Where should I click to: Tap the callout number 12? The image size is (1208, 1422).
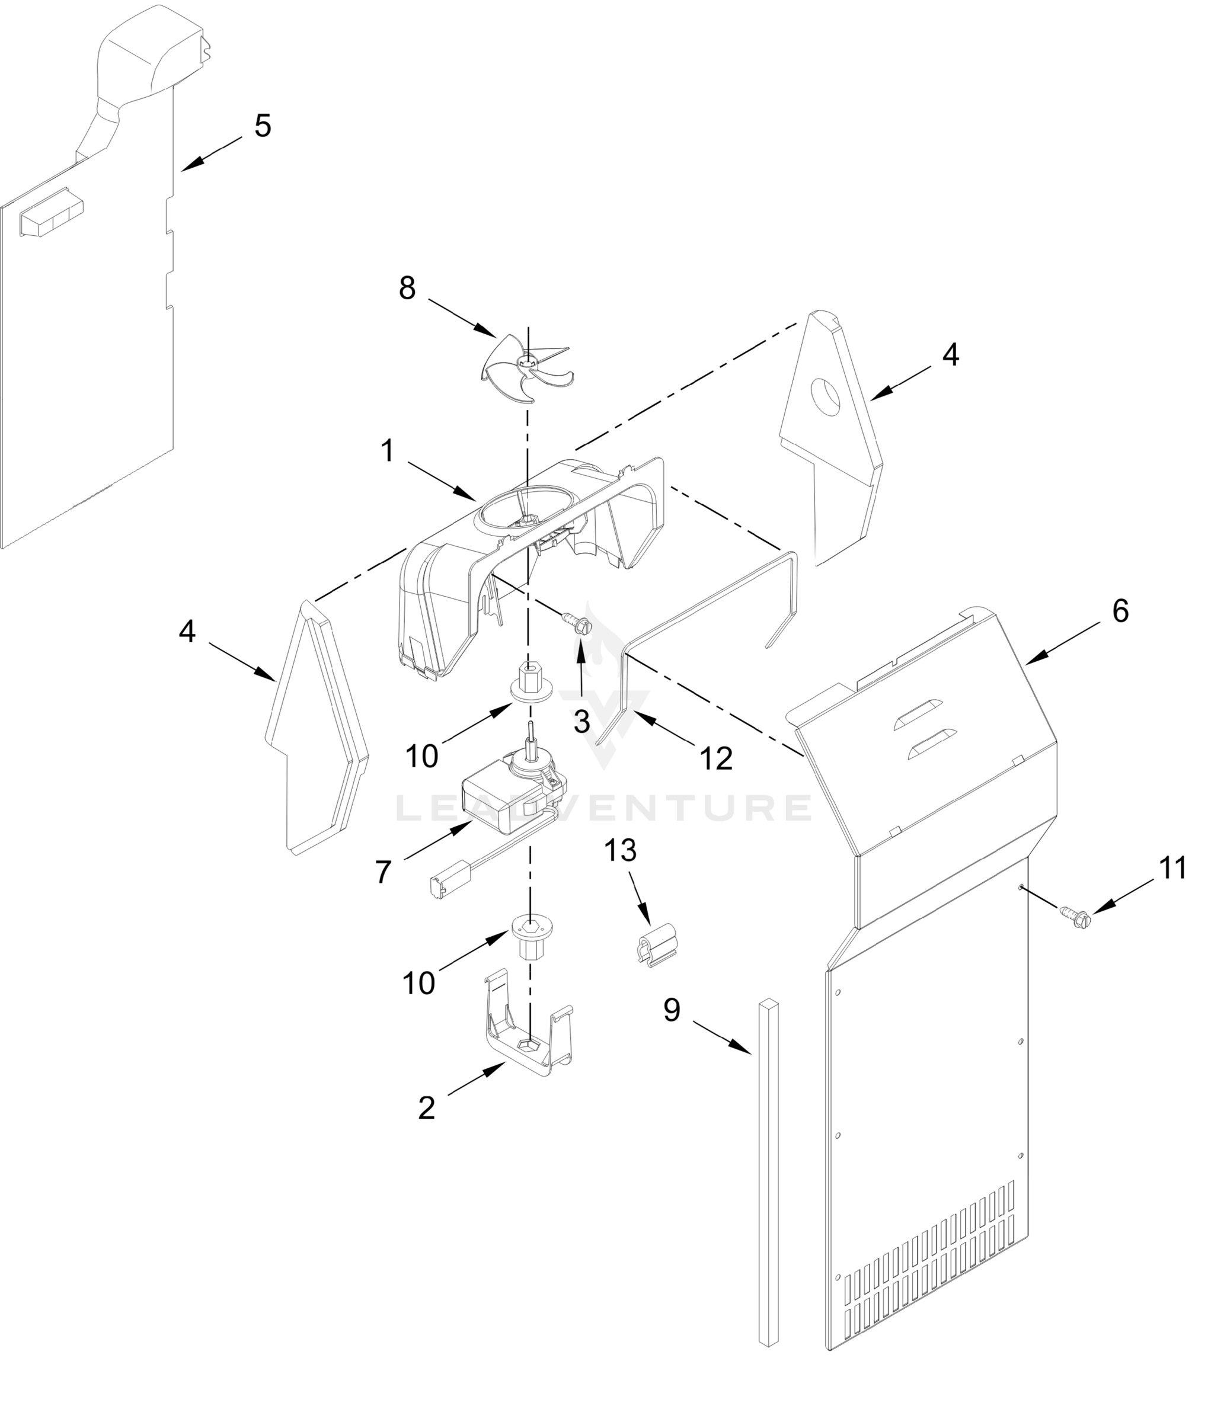[x=716, y=759]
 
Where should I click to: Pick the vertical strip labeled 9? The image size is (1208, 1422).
[x=769, y=1171]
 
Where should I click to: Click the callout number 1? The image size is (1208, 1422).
[x=388, y=451]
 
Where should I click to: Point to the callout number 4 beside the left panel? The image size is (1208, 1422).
[x=187, y=631]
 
